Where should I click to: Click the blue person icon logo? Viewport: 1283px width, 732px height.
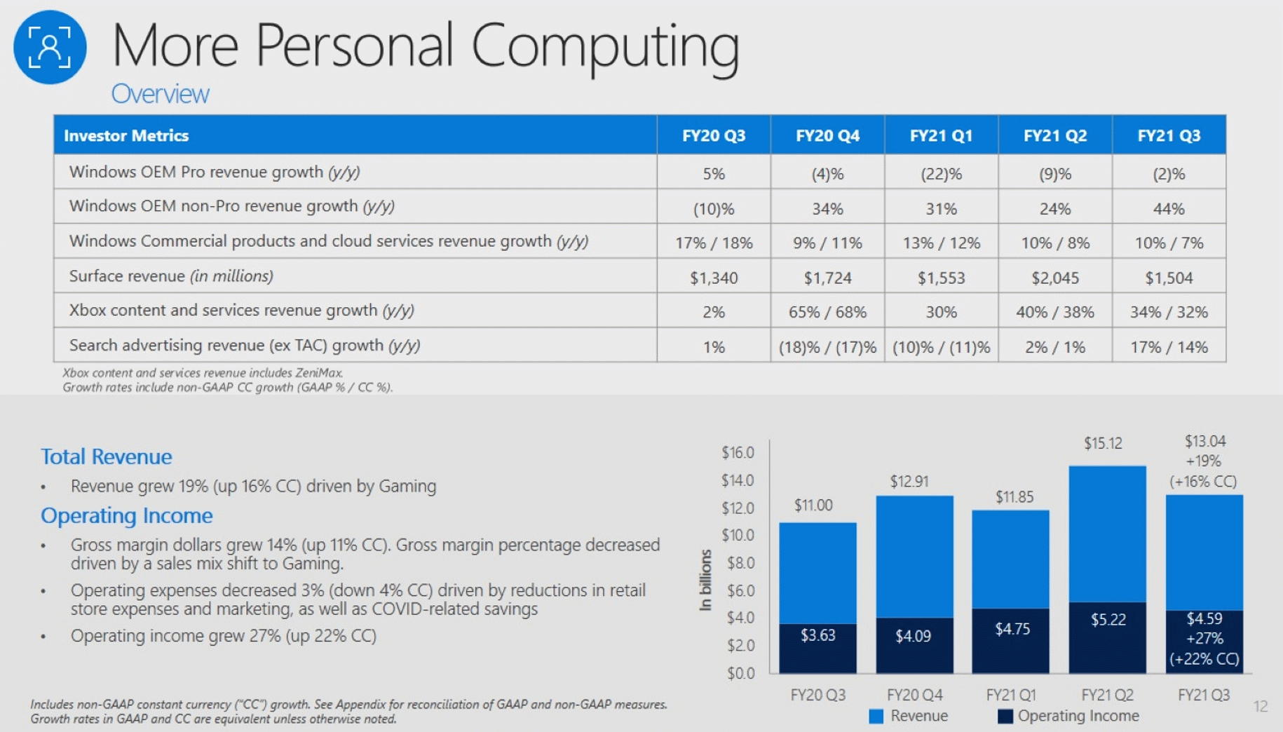click(50, 48)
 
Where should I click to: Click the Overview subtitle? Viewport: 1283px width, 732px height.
click(160, 94)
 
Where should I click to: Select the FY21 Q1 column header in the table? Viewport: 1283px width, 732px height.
click(941, 135)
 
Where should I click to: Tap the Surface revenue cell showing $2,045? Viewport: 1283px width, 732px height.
click(1054, 278)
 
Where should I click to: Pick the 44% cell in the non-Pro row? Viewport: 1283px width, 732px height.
click(1168, 208)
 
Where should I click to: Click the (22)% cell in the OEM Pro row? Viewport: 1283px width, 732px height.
click(941, 173)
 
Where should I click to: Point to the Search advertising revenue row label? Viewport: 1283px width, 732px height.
click(244, 345)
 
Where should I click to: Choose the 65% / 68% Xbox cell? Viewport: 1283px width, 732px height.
click(827, 312)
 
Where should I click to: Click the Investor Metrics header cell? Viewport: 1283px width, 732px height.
click(126, 135)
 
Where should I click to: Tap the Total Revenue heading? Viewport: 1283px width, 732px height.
click(107, 456)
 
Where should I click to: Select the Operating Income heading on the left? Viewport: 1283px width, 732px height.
click(126, 515)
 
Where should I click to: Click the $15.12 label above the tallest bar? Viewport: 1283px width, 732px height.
click(1102, 443)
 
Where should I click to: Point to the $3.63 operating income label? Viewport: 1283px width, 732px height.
click(817, 635)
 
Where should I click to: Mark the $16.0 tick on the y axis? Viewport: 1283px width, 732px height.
click(738, 453)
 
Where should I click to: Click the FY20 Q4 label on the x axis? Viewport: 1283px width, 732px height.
click(914, 695)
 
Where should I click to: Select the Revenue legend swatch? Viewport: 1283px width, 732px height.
click(876, 716)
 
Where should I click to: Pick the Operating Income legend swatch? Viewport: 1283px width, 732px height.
click(1005, 716)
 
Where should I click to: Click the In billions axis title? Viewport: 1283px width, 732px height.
click(705, 580)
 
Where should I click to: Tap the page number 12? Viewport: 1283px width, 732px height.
click(1260, 706)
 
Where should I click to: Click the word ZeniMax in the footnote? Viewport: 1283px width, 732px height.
click(320, 373)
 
